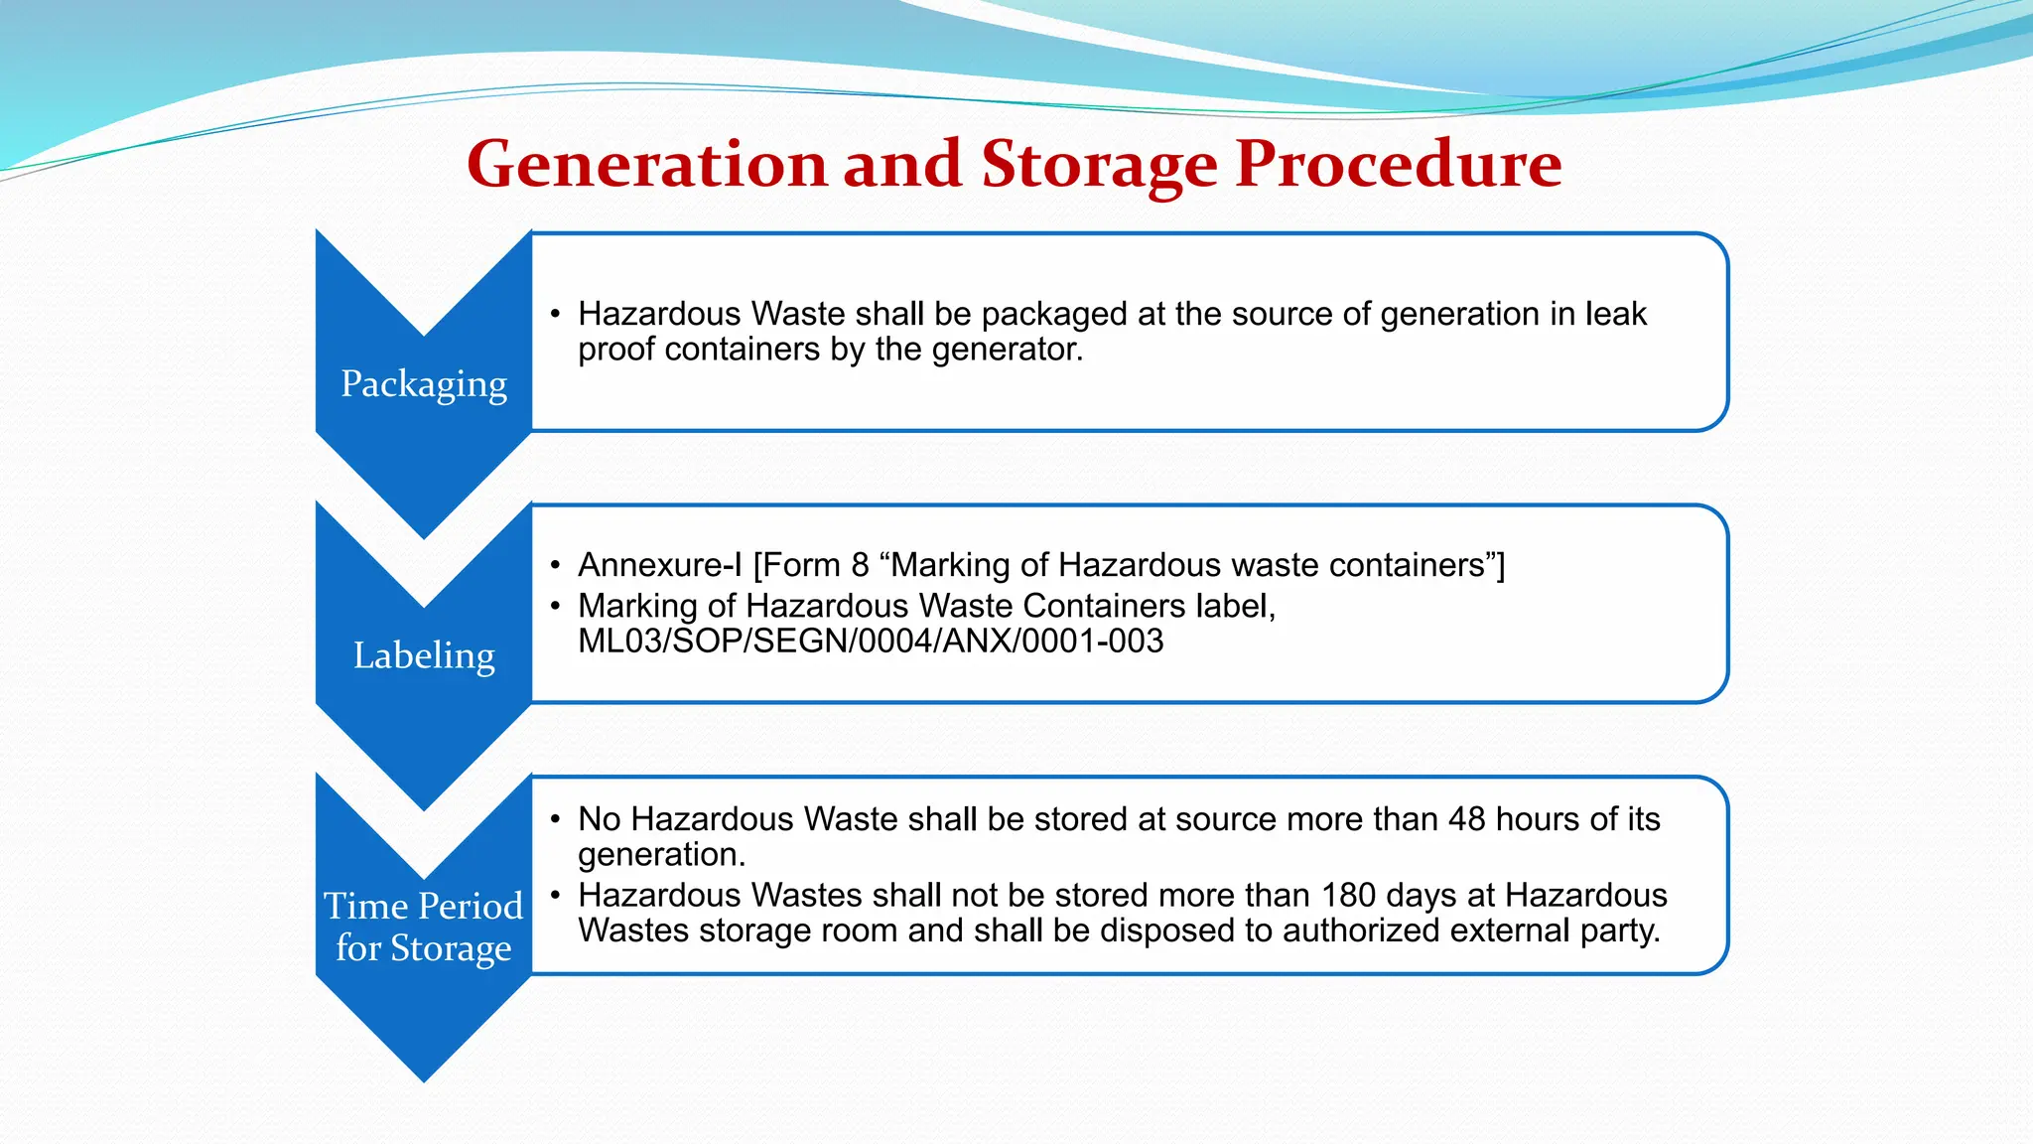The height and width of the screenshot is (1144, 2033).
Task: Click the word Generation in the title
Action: click(646, 164)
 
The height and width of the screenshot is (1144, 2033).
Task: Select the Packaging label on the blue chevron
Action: click(424, 384)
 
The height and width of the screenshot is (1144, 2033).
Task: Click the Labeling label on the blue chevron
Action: click(424, 655)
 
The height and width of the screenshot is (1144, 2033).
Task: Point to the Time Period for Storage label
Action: click(424, 927)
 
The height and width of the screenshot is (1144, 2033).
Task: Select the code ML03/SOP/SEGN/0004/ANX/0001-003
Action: click(871, 642)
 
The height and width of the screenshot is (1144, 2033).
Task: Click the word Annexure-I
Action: click(659, 565)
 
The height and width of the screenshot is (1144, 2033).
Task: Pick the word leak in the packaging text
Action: click(1615, 314)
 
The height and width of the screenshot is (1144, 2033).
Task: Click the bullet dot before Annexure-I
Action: click(556, 565)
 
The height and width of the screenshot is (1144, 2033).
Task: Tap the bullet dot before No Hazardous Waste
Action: click(556, 819)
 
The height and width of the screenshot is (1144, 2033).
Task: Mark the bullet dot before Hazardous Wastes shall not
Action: click(556, 896)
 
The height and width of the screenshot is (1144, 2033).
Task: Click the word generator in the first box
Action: click(1003, 351)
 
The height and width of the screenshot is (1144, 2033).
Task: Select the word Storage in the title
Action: click(1099, 164)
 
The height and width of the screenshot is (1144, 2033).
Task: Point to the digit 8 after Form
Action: click(860, 565)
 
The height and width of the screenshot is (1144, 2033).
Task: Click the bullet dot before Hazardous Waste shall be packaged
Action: click(556, 314)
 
